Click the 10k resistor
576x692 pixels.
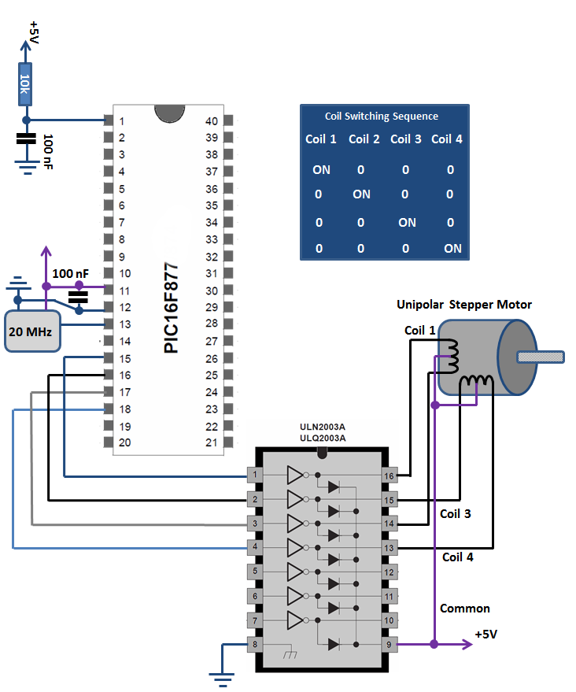(24, 84)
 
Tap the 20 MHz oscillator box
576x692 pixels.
(32, 331)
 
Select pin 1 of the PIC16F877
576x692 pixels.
(109, 120)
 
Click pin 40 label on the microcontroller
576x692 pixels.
(212, 121)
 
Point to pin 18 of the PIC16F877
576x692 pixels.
(109, 409)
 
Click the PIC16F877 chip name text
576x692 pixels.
(171, 308)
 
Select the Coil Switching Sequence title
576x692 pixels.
(382, 116)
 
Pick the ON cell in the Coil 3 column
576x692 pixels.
(407, 223)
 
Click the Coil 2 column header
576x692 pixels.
(364, 139)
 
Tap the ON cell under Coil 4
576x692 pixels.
(453, 249)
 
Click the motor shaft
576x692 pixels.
(541, 357)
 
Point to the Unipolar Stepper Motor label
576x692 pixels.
(464, 305)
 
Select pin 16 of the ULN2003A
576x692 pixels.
(389, 476)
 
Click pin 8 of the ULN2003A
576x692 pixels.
(255, 644)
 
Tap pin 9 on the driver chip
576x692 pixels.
(389, 644)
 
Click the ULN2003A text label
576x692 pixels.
(323, 427)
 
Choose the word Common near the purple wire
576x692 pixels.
(465, 608)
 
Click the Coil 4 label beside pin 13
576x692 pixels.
(457, 557)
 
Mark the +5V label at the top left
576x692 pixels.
(34, 32)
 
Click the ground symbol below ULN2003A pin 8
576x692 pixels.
(222, 679)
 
